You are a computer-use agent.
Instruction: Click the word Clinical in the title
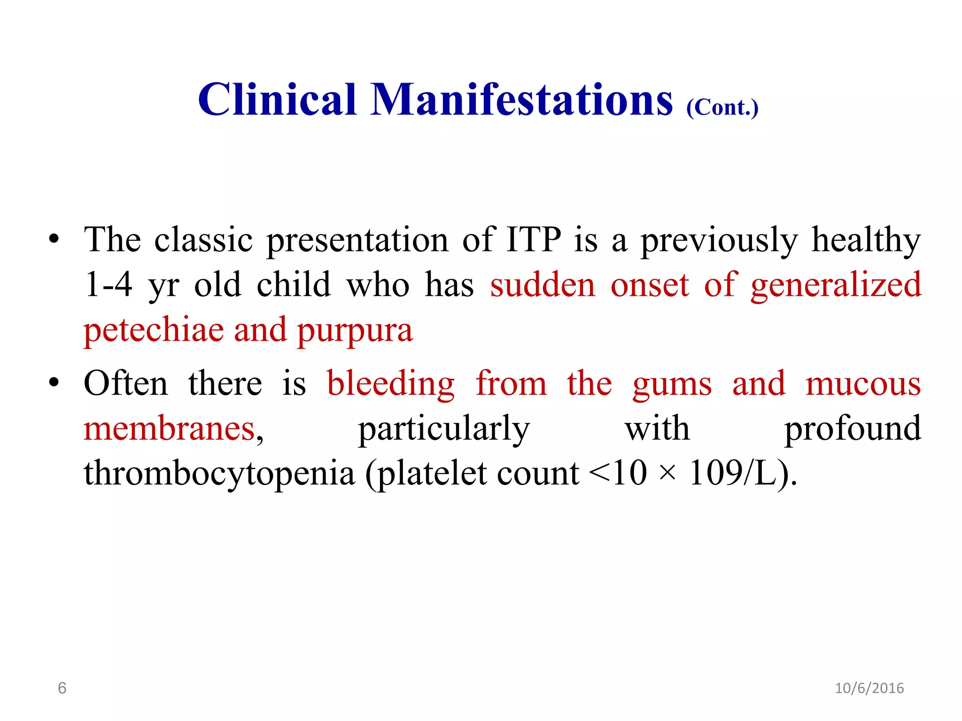click(277, 100)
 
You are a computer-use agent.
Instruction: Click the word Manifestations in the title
click(522, 100)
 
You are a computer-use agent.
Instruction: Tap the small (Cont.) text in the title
click(722, 107)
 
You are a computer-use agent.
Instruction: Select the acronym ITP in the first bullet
click(533, 240)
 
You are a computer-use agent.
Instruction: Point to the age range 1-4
click(109, 285)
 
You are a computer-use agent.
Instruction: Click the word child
click(294, 285)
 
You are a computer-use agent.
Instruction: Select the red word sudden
click(543, 285)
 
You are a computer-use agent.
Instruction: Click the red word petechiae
click(154, 330)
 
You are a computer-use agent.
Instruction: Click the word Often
click(125, 384)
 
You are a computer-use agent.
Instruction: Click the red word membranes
click(169, 429)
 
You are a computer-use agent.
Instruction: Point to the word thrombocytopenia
click(219, 474)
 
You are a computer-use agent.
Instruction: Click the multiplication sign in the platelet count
click(667, 473)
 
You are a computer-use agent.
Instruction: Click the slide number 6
click(62, 688)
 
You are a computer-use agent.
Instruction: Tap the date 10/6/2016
click(869, 688)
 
